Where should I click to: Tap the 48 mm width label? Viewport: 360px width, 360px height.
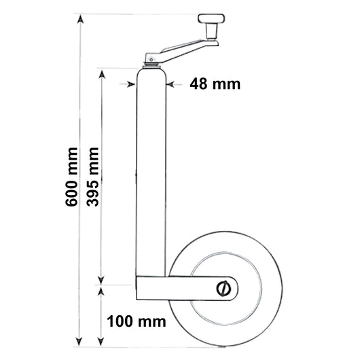(215, 84)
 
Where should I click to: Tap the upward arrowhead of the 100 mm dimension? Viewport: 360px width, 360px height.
(103, 290)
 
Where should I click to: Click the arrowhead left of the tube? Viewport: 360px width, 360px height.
(131, 84)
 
